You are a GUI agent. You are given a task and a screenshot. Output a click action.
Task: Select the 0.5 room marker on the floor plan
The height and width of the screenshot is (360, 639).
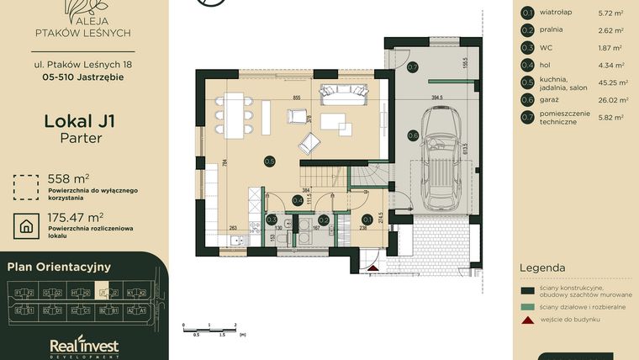click(x=270, y=161)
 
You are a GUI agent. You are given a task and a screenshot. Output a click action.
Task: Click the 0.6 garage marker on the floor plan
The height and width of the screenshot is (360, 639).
click(x=413, y=135)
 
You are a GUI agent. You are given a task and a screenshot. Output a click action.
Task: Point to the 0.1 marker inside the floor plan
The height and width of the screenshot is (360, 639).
click(x=367, y=219)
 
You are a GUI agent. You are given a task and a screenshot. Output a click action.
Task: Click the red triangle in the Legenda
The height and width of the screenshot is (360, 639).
click(x=527, y=320)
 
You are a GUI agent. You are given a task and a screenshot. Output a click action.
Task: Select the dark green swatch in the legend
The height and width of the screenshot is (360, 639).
click(x=527, y=289)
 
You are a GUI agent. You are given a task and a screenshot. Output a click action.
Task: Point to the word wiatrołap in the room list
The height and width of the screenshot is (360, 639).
click(x=557, y=13)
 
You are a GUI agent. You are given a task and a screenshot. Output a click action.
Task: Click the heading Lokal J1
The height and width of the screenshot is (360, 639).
click(x=79, y=121)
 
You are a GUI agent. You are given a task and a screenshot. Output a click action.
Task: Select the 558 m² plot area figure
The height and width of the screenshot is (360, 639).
click(x=68, y=178)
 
